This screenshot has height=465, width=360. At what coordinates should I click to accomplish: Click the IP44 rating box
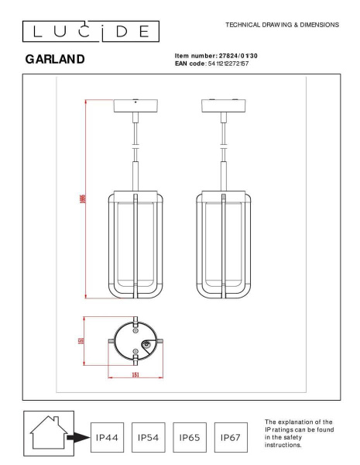pos(108,439)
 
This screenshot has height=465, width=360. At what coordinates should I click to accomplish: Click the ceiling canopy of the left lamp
pos(135,106)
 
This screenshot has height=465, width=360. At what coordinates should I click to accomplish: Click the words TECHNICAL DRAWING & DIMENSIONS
pos(281,25)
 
